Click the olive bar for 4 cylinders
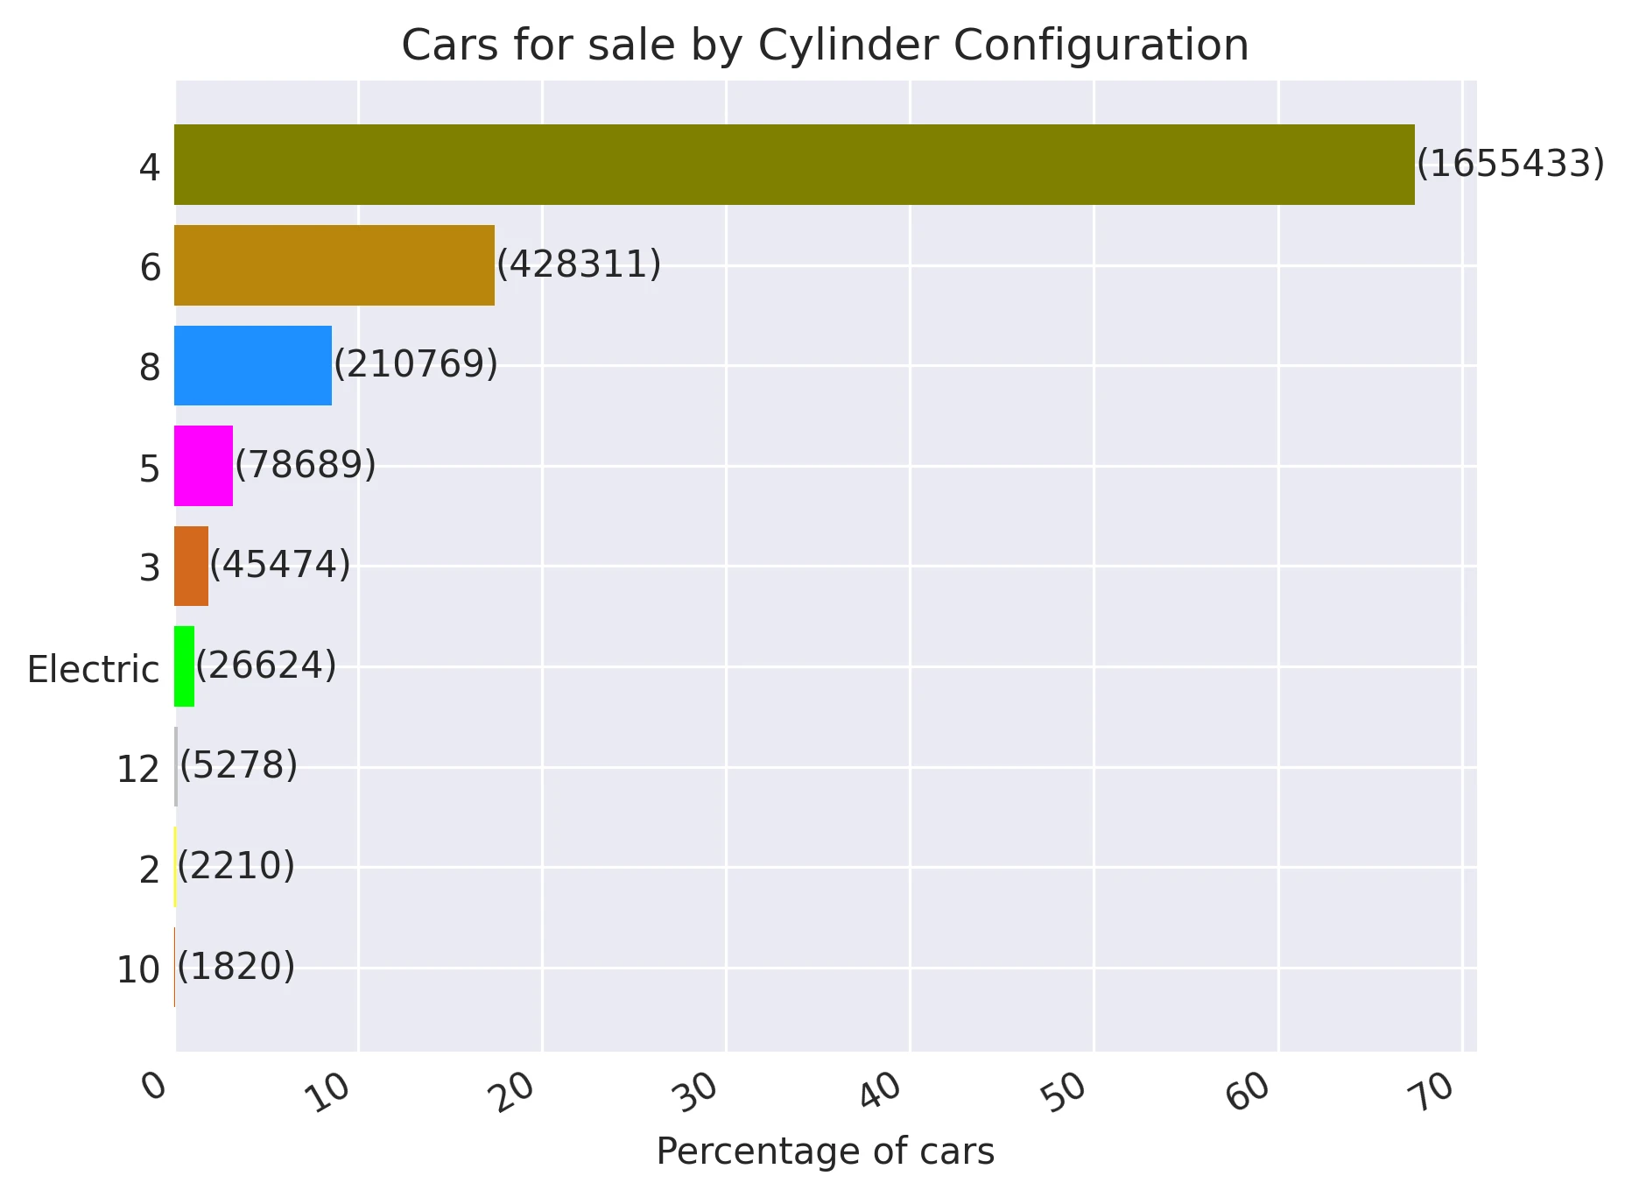pyautogui.click(x=794, y=165)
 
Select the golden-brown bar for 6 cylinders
pyautogui.click(x=334, y=265)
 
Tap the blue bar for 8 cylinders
pyautogui.click(x=253, y=366)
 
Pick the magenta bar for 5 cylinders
pyautogui.click(x=203, y=466)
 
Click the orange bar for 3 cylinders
pyautogui.click(x=191, y=567)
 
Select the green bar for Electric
pyautogui.click(x=184, y=666)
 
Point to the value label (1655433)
pyautogui.click(x=1509, y=164)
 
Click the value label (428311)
pyautogui.click(x=579, y=264)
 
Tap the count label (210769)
pyautogui.click(x=416, y=364)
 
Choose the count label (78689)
pyautogui.click(x=306, y=465)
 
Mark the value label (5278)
pyautogui.click(x=238, y=766)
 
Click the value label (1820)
pyautogui.click(x=236, y=967)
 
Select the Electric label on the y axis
pyautogui.click(x=93, y=670)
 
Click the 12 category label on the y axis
pyautogui.click(x=138, y=771)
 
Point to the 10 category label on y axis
pyautogui.click(x=138, y=971)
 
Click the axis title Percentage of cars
pyautogui.click(x=825, y=1151)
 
